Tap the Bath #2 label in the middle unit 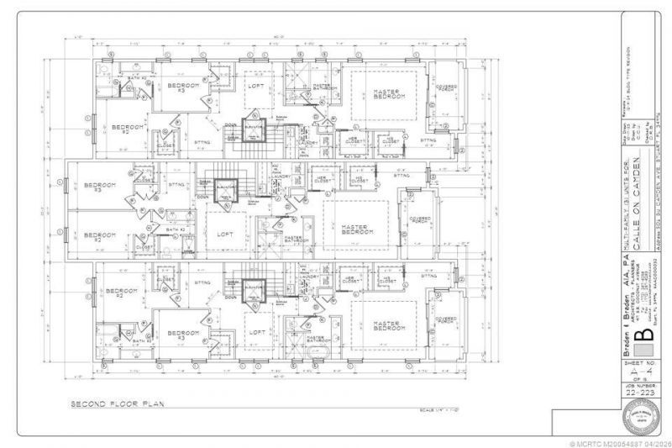(175, 229)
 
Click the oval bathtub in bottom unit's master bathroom (319, 351)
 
